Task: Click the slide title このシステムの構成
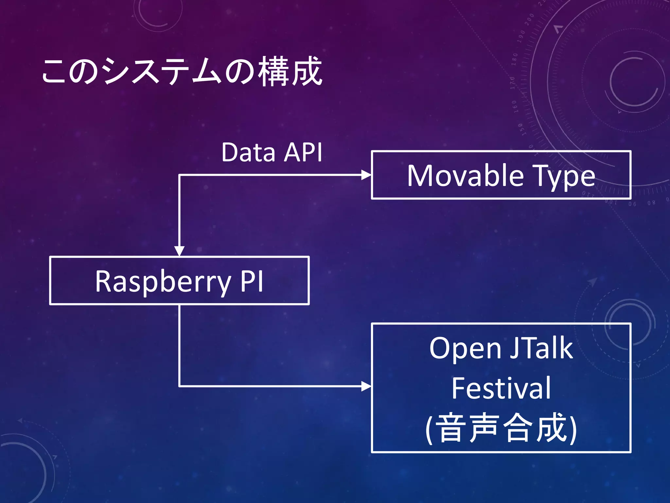[182, 71]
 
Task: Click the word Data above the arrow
[248, 153]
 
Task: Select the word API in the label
[303, 153]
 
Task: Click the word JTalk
[541, 348]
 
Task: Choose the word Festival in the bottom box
[501, 388]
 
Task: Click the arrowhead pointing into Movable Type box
[366, 175]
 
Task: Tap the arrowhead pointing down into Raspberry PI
[179, 251]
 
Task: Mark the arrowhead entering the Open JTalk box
[366, 386]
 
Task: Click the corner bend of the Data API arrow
[179, 176]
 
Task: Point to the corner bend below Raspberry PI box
[179, 386]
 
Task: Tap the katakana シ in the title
[115, 71]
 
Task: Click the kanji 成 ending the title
[307, 71]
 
